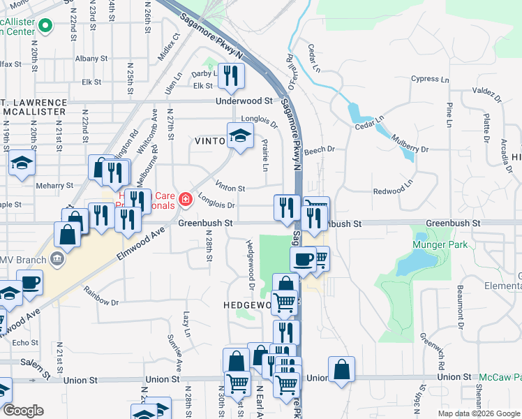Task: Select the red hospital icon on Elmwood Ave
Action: pos(185,200)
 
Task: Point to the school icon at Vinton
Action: pos(239,135)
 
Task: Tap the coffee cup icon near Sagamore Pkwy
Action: pos(303,259)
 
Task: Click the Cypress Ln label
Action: pos(429,79)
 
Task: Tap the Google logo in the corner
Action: pos(22,411)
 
